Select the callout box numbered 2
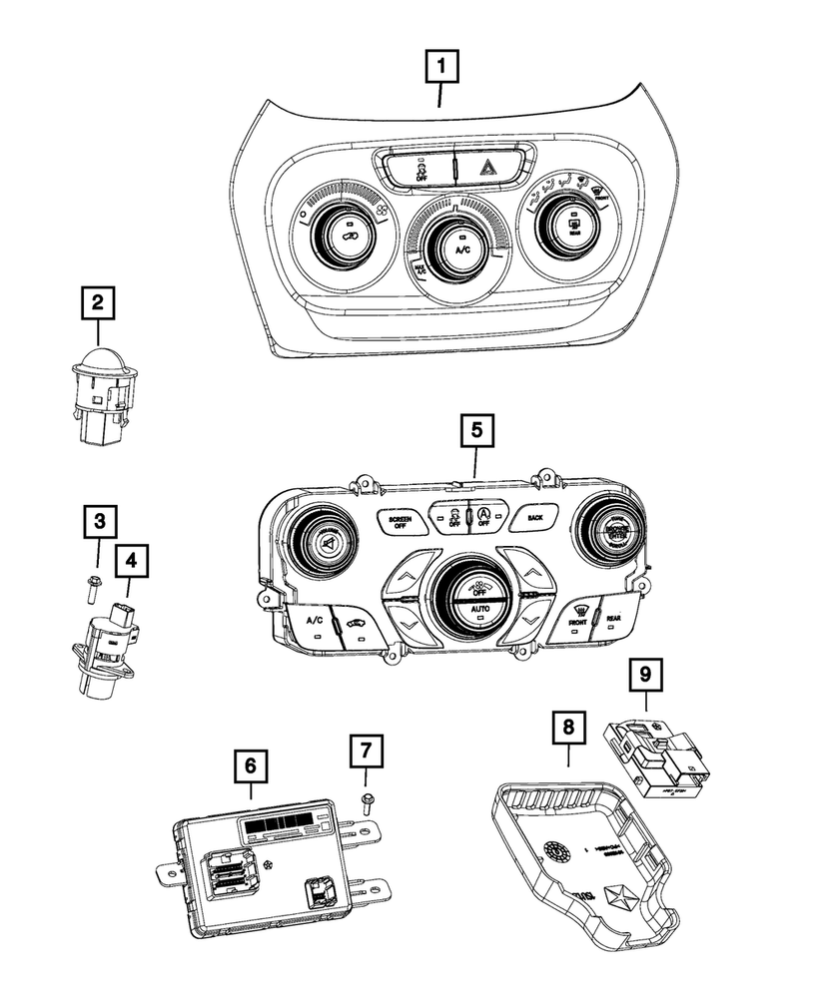click(x=97, y=301)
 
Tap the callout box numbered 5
click(x=477, y=432)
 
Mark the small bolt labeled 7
click(x=365, y=798)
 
